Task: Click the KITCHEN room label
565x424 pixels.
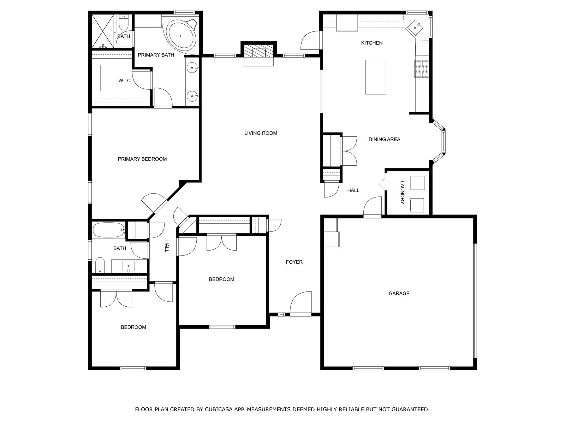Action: [372, 43]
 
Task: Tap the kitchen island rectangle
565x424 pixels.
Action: [376, 77]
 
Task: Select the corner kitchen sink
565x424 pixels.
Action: [415, 27]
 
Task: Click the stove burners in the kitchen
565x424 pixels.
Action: [421, 69]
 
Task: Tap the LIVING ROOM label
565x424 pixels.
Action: [261, 133]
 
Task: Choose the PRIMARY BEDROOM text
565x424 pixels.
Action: [142, 159]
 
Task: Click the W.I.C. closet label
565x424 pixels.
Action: [125, 81]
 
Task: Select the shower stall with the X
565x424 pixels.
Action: [103, 31]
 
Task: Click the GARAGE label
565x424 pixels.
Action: [399, 293]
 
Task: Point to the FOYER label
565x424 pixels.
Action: [294, 262]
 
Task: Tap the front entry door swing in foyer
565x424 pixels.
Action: [301, 302]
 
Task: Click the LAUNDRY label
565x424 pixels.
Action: [402, 193]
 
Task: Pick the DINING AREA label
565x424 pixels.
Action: [384, 139]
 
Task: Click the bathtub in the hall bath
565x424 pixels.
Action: [109, 230]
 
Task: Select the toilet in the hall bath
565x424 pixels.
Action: [100, 265]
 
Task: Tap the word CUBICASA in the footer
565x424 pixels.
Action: [218, 410]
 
